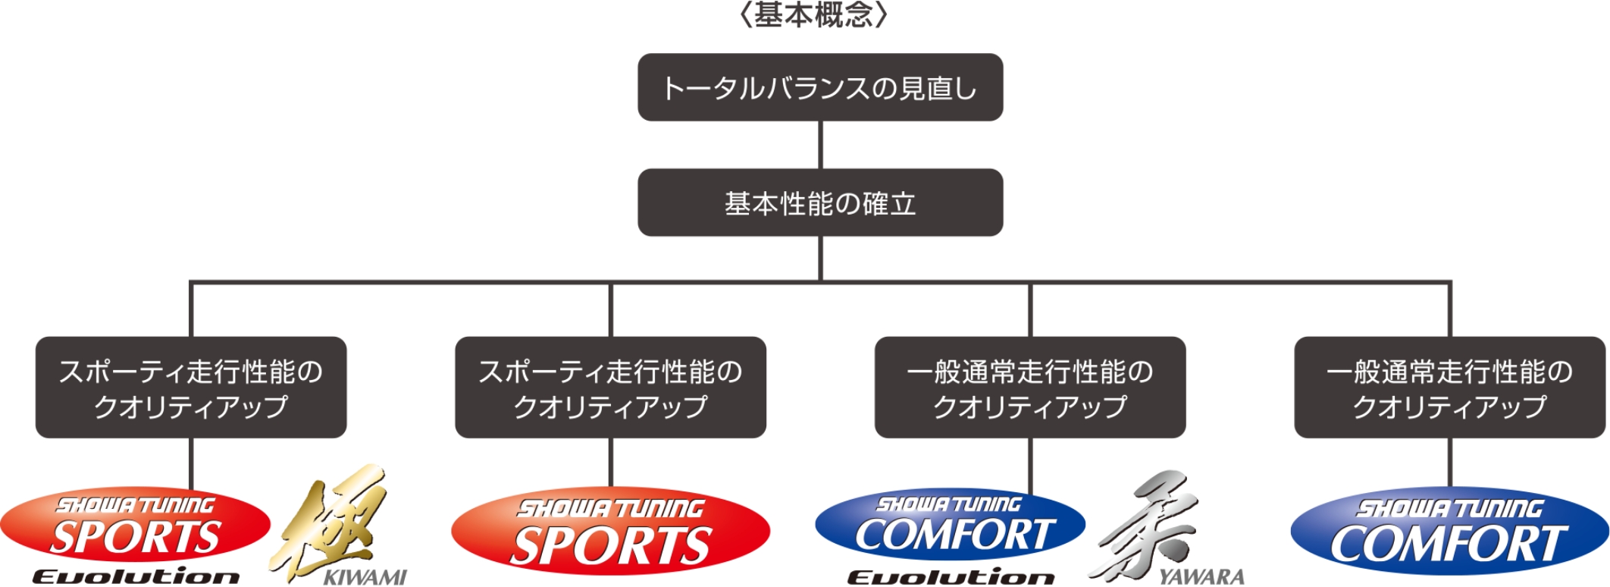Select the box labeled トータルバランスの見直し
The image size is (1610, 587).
(x=820, y=87)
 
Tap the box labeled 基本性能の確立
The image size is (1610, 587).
(x=820, y=202)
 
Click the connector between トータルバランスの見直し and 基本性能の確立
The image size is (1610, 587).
(x=820, y=145)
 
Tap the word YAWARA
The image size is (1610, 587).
(x=1201, y=577)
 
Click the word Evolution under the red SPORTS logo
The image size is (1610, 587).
(x=136, y=577)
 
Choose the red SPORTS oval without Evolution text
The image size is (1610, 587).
(x=610, y=531)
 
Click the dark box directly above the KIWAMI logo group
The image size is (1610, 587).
(x=191, y=388)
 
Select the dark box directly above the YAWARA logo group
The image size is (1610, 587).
(x=1030, y=388)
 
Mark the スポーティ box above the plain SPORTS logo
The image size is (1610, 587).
(x=610, y=388)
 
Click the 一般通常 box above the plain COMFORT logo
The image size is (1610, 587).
(x=1449, y=388)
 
